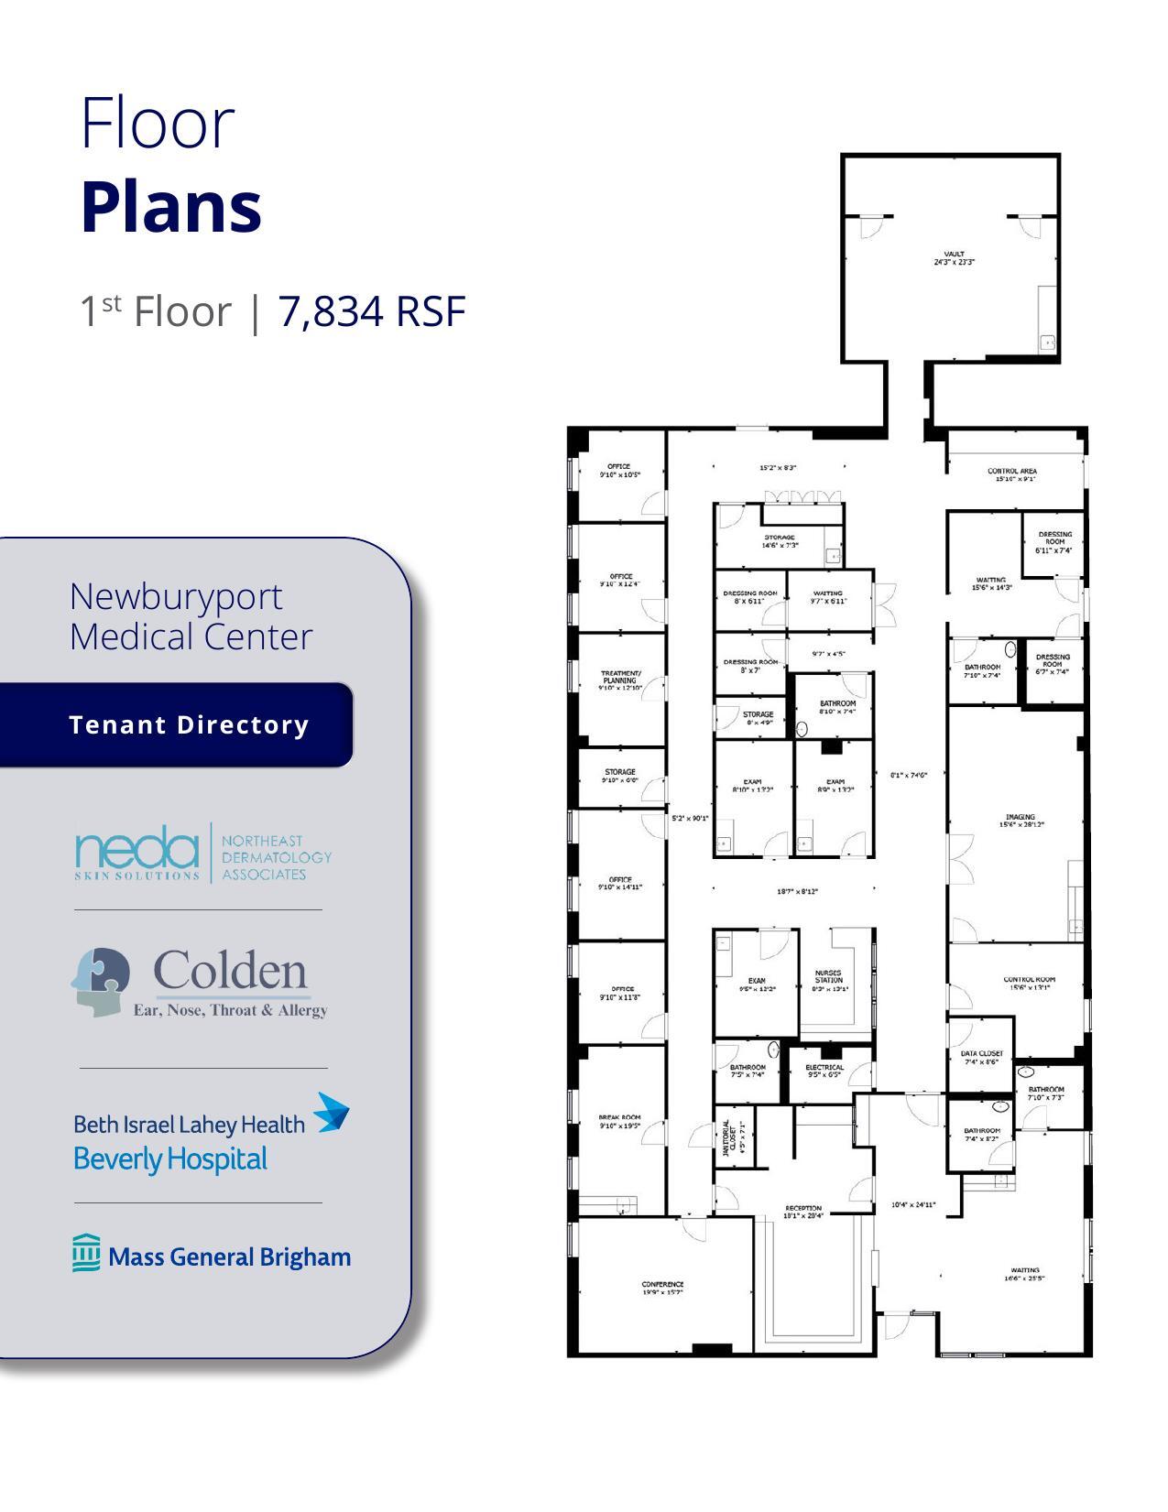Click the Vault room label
tap(954, 258)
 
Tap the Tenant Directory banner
tap(189, 724)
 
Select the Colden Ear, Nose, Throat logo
tap(201, 984)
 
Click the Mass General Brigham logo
tap(212, 1255)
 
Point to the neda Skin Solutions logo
tap(202, 853)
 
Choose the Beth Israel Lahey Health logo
tap(211, 1134)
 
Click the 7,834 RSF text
tap(372, 311)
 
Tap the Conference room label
tap(662, 1289)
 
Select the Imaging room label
tap(1020, 821)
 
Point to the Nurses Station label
tap(828, 980)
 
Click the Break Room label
tap(619, 1121)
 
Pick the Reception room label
tap(803, 1212)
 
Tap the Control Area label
tap(1012, 474)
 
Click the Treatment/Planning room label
tap(620, 680)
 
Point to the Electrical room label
tap(824, 1070)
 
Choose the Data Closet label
tap(982, 1058)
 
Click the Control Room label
tap(1029, 983)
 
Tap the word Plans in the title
tap(171, 207)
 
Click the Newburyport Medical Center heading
tap(191, 616)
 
